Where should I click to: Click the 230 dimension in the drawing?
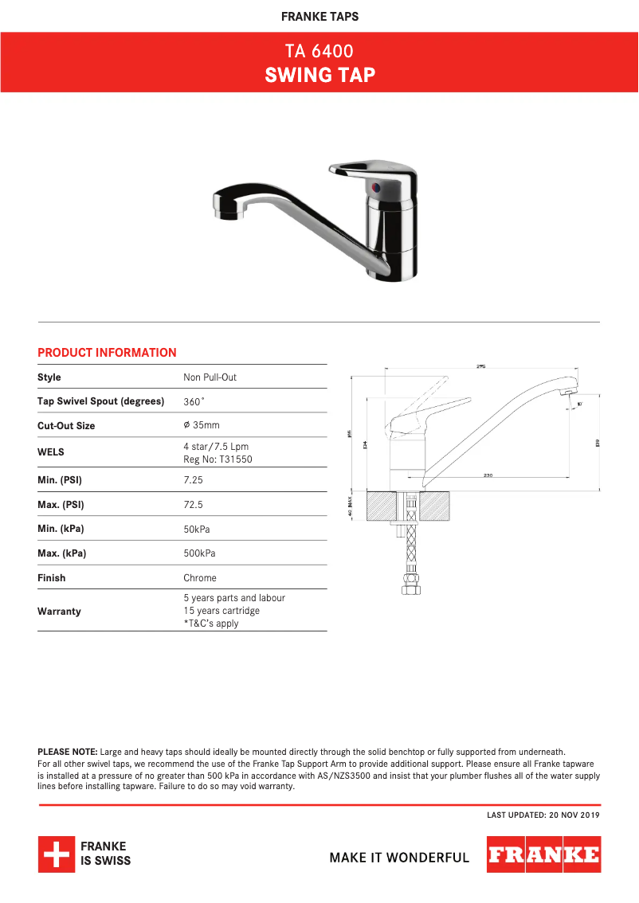pyautogui.click(x=488, y=475)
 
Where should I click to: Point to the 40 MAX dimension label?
pyautogui.click(x=351, y=506)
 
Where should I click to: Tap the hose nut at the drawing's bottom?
pyautogui.click(x=411, y=589)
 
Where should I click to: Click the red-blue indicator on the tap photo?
pyautogui.click(x=377, y=188)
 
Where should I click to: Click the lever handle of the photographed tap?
pyautogui.click(x=367, y=169)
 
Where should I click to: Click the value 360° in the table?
pyautogui.click(x=194, y=401)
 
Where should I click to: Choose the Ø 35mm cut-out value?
pyautogui.click(x=201, y=425)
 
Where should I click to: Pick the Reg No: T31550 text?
pyautogui.click(x=218, y=459)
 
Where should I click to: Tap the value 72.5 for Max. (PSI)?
pyautogui.click(x=193, y=505)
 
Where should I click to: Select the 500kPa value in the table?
pyautogui.click(x=199, y=553)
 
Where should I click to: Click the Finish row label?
pyautogui.click(x=52, y=578)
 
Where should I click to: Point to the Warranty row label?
pyautogui.click(x=59, y=612)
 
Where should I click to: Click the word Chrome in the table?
pyautogui.click(x=199, y=578)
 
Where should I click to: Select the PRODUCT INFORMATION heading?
pyautogui.click(x=107, y=353)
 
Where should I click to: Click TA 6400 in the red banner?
pyautogui.click(x=319, y=52)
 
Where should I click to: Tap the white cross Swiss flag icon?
pyautogui.click(x=56, y=854)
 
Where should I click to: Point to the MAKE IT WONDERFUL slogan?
pyautogui.click(x=399, y=858)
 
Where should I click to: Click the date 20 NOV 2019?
pyautogui.click(x=574, y=815)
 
